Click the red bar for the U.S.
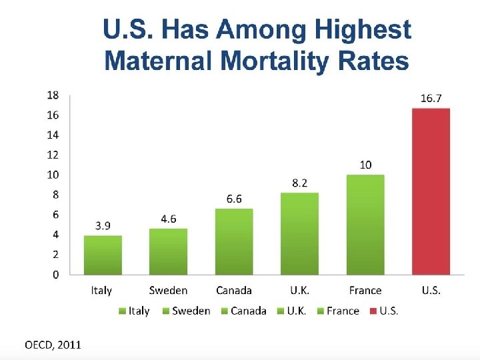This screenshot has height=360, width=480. [x=431, y=191]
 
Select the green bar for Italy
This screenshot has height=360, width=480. [x=103, y=255]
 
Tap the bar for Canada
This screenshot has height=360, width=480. [x=234, y=241]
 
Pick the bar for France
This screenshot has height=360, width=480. [x=365, y=224]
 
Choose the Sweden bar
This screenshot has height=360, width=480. [x=168, y=251]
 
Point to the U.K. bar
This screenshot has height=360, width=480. [x=299, y=233]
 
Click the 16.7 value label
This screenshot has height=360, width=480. [x=431, y=98]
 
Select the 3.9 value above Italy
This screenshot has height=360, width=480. [x=103, y=225]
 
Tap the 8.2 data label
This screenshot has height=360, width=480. [x=299, y=183]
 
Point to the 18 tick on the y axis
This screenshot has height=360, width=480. [x=53, y=95]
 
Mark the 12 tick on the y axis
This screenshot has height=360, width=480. [x=53, y=155]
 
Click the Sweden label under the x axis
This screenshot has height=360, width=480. [x=168, y=291]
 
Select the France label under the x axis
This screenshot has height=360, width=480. [x=365, y=291]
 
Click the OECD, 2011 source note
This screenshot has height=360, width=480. [x=53, y=345]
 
